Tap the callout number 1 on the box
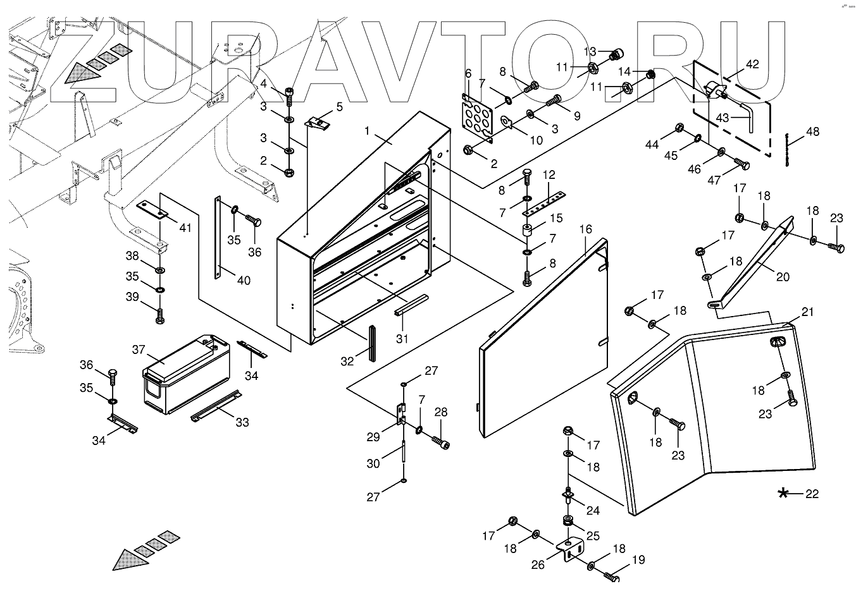coord(366,131)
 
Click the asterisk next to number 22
coord(783,494)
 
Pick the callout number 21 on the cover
coord(807,312)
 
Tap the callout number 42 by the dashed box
coord(752,64)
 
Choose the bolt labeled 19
coord(610,576)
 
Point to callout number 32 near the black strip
coord(347,362)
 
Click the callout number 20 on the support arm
coord(782,276)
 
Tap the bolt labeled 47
coord(741,166)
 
